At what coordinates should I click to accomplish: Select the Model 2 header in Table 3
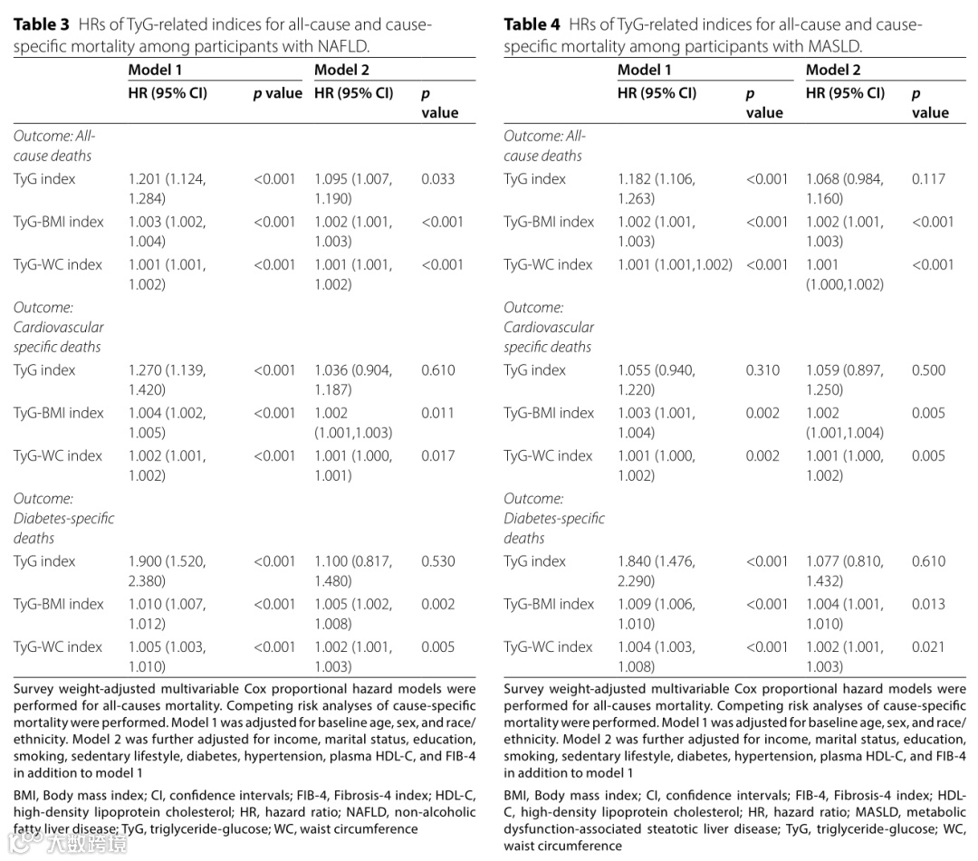pyautogui.click(x=343, y=70)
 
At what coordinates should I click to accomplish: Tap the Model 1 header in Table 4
pyautogui.click(x=645, y=70)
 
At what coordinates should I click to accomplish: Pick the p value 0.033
pyautogui.click(x=438, y=179)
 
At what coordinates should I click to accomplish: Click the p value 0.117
pyautogui.click(x=928, y=179)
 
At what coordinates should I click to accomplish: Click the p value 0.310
pyautogui.click(x=762, y=370)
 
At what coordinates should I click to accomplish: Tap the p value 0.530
pyautogui.click(x=438, y=561)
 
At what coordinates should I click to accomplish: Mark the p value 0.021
pyautogui.click(x=928, y=647)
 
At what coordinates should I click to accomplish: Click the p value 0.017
pyautogui.click(x=438, y=456)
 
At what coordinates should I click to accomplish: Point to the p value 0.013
pyautogui.click(x=928, y=604)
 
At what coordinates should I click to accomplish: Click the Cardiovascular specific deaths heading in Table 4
pyautogui.click(x=549, y=327)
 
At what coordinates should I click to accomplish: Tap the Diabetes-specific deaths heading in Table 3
pyautogui.click(x=63, y=518)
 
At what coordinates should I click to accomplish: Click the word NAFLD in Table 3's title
pyautogui.click(x=344, y=46)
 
